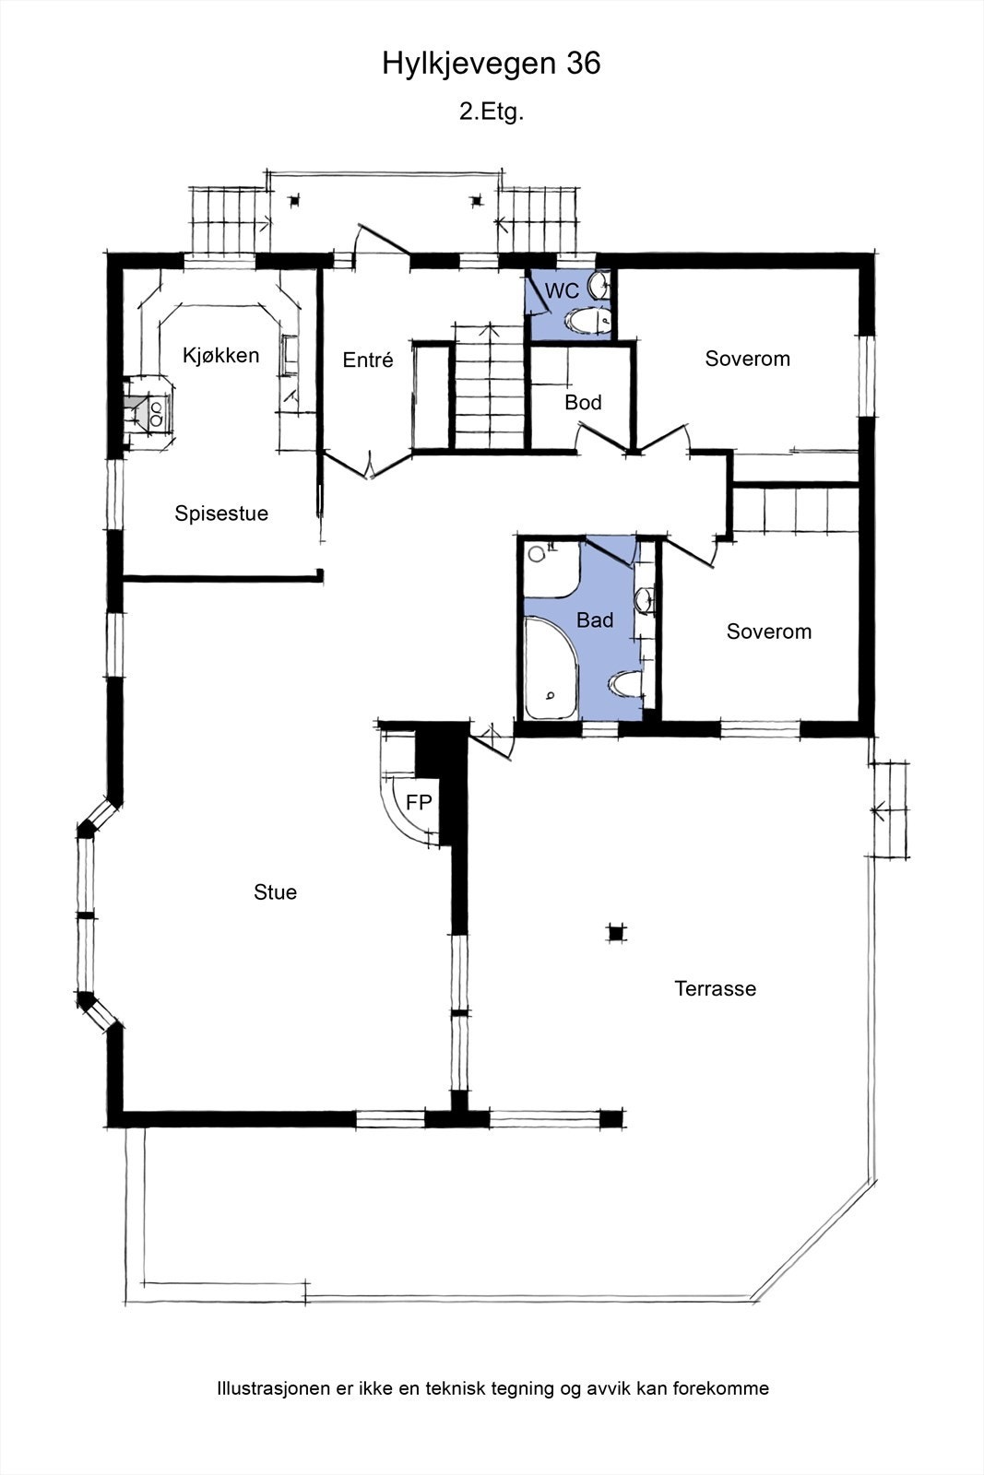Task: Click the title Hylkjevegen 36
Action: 492,65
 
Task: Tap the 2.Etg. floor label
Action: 492,112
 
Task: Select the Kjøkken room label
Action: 220,356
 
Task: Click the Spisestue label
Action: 221,513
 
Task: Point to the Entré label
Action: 368,360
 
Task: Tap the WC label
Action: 562,290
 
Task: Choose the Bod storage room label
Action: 583,402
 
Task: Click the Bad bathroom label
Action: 595,619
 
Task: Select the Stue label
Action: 276,892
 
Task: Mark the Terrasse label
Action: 716,988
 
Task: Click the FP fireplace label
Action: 419,802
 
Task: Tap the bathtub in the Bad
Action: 551,667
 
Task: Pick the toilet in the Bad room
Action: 625,683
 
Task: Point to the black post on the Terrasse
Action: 616,932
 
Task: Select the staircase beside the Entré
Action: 489,387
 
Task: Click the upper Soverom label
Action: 748,359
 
